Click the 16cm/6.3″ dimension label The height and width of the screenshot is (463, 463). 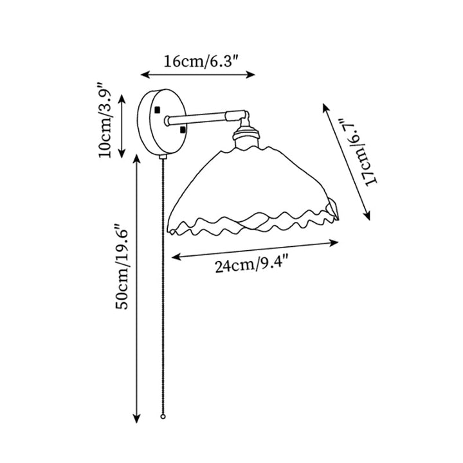click(197, 62)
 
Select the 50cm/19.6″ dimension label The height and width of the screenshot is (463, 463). click(122, 266)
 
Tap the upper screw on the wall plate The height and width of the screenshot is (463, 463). click(156, 111)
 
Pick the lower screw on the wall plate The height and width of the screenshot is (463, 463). click(183, 131)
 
